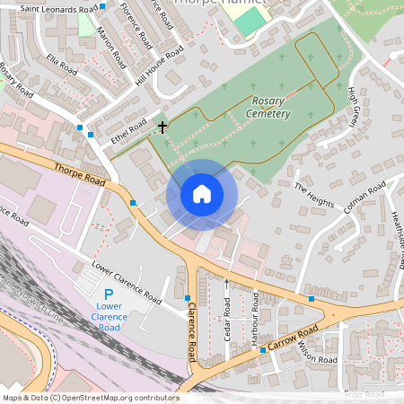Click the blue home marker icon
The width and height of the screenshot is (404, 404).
pyautogui.click(x=202, y=193)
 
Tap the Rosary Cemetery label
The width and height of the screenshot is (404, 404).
pyautogui.click(x=270, y=108)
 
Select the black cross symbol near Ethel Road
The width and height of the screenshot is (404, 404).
pyautogui.click(x=162, y=127)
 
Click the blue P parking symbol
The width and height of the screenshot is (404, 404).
pyautogui.click(x=109, y=294)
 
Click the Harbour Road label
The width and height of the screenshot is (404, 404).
pyautogui.click(x=255, y=314)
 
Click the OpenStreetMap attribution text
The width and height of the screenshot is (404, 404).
pyautogui.click(x=90, y=398)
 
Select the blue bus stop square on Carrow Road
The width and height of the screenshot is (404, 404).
pyautogui.click(x=262, y=350)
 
